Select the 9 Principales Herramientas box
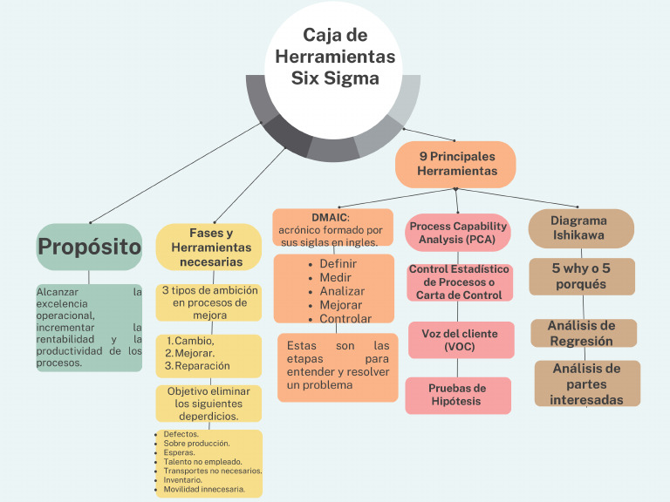[455, 164]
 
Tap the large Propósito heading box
[89, 247]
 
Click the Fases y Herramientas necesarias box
[209, 247]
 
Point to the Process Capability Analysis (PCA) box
[457, 233]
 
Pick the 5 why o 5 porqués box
[581, 276]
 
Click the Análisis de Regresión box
[583, 333]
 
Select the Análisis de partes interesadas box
[586, 383]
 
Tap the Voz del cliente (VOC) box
[459, 340]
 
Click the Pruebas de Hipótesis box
[457, 394]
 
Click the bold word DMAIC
[330, 217]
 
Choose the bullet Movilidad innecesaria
[204, 489]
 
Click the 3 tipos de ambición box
[209, 302]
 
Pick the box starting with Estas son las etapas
[338, 365]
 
